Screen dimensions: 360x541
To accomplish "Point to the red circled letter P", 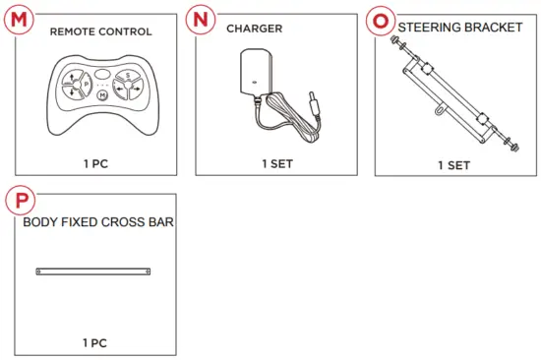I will pos(17,200).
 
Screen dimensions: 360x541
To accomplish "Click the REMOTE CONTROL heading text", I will pos(101,31).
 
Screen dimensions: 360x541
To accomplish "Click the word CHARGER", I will pos(255,29).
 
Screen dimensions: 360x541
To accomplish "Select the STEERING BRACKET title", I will pos(460,28).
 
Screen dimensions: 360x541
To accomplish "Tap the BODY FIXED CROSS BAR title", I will pos(98,222).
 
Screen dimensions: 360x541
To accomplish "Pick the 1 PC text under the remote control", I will pos(94,163).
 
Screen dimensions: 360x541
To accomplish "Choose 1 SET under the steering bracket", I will pos(453,164).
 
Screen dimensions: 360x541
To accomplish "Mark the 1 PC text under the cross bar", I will pos(94,342).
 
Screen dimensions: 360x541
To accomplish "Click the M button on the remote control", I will pos(102,95).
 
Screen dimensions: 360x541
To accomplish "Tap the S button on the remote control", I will pos(126,76).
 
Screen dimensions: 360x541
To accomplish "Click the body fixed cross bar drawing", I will pos(93,270).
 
